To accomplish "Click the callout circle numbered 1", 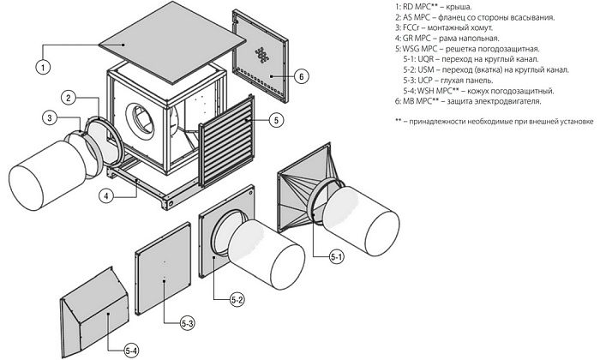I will [41, 64].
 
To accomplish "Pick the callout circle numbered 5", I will [275, 120].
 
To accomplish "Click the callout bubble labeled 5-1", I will [335, 255].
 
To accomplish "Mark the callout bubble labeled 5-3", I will [189, 323].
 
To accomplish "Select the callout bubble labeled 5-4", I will [131, 349].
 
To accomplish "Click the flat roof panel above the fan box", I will [168, 47].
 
